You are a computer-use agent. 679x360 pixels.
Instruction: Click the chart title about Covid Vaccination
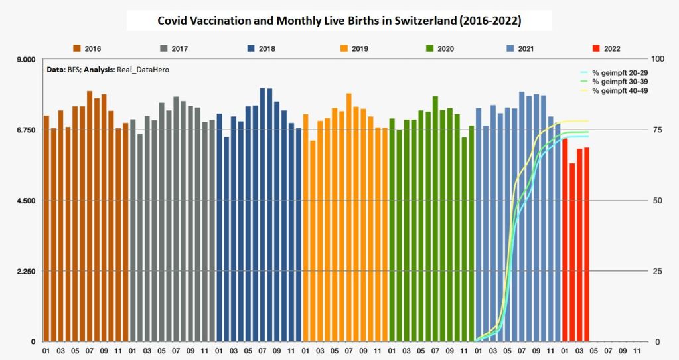[x=339, y=21]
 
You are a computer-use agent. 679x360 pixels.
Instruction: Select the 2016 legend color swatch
[x=77, y=48]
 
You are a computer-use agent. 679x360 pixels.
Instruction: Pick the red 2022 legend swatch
[x=596, y=48]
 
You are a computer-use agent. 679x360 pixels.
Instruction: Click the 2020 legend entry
[x=439, y=48]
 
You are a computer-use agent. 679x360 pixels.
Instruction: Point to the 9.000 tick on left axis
[x=25, y=60]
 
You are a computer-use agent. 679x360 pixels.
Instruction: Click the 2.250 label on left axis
[x=25, y=271]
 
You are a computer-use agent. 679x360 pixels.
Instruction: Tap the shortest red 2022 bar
[x=572, y=252]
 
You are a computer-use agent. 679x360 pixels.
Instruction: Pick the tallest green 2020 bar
[x=435, y=219]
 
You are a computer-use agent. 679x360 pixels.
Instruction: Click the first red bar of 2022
[x=565, y=240]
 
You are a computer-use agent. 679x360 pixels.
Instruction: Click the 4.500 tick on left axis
[x=25, y=201]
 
